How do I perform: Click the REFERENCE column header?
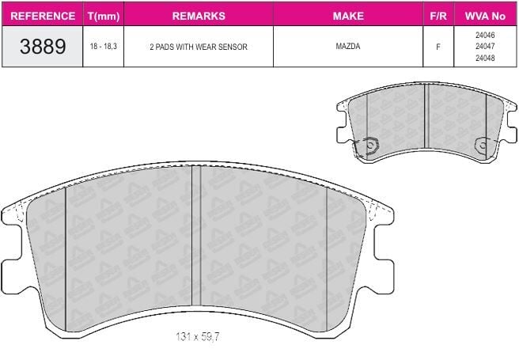[x=43, y=16]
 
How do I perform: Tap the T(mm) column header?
[x=104, y=16]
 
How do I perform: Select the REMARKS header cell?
[x=199, y=16]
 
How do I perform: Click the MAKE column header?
[x=348, y=16]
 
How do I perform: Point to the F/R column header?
[x=438, y=16]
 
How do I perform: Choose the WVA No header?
[x=485, y=16]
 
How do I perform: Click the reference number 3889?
[x=43, y=47]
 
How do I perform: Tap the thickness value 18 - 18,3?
[x=104, y=47]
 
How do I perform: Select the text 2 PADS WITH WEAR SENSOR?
[x=199, y=47]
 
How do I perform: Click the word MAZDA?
[x=348, y=47]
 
